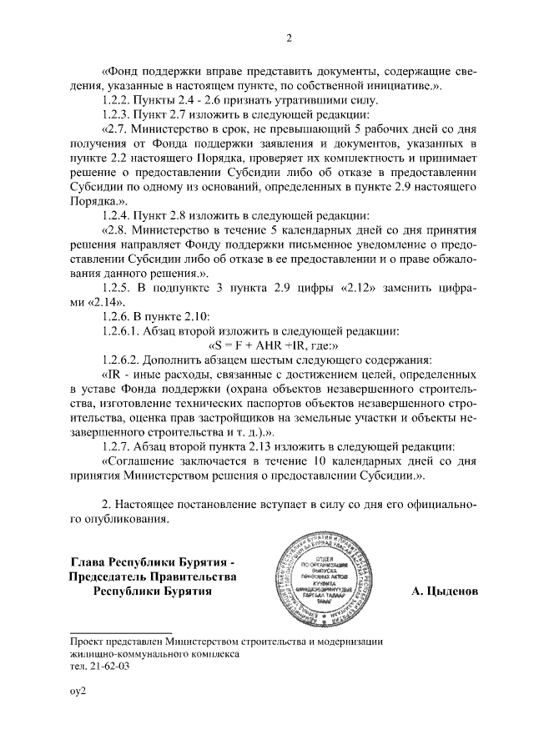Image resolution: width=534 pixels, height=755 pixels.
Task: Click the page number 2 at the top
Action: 289,38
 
